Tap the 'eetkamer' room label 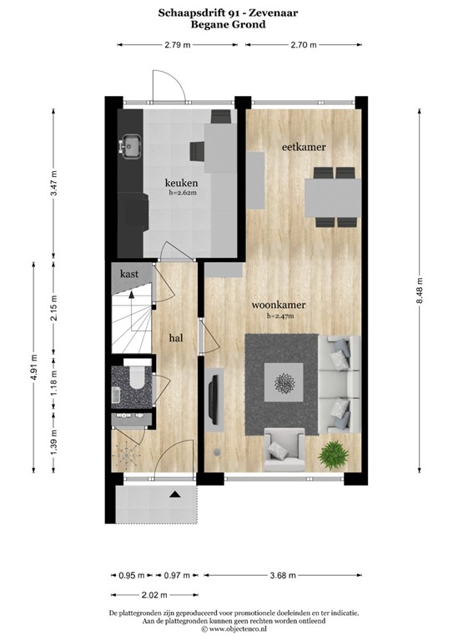pyautogui.click(x=303, y=147)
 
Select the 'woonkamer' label pyautogui.click(x=279, y=305)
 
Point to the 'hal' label pyautogui.click(x=176, y=337)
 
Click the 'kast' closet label pyautogui.click(x=129, y=274)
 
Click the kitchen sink pyautogui.click(x=129, y=147)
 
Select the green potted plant pyautogui.click(x=333, y=454)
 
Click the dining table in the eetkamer pyautogui.click(x=332, y=197)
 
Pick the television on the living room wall pyautogui.click(x=214, y=396)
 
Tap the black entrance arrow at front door pyautogui.click(x=175, y=496)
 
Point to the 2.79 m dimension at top pyautogui.click(x=175, y=45)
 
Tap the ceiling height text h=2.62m pyautogui.click(x=181, y=194)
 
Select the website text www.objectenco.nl pyautogui.click(x=226, y=629)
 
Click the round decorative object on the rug pyautogui.click(x=282, y=384)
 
